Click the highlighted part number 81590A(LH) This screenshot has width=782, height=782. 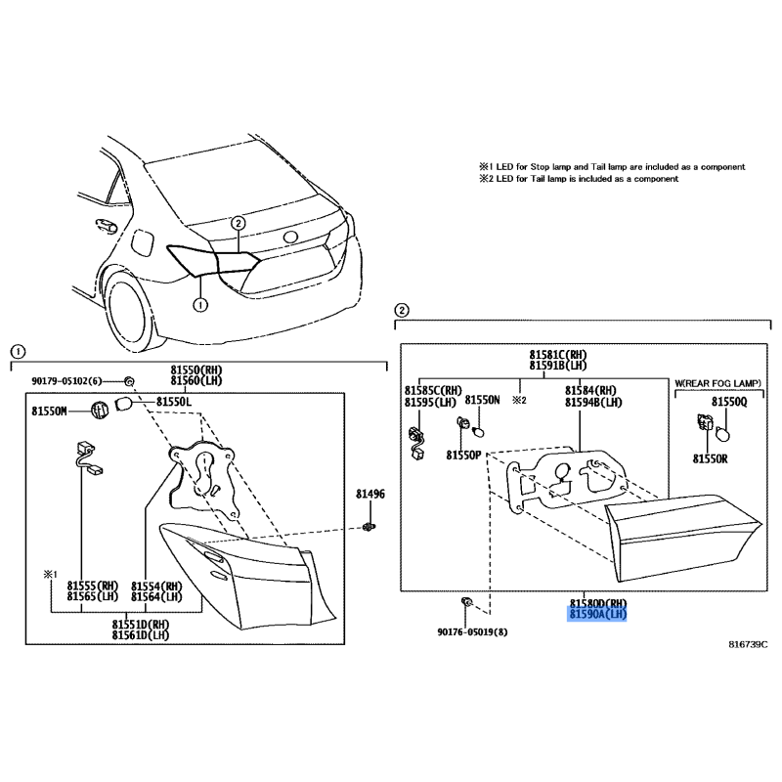tap(597, 615)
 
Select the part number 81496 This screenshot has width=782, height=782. tap(370, 495)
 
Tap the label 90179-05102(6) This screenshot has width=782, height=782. tap(66, 381)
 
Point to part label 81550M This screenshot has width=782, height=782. tap(50, 411)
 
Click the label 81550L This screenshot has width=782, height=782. tap(174, 402)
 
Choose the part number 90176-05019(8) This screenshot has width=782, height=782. tap(472, 631)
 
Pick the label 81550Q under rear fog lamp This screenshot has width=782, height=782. tap(729, 402)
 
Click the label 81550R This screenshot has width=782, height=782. tap(711, 458)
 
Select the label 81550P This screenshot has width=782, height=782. tap(463, 456)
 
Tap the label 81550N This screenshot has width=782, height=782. tap(482, 400)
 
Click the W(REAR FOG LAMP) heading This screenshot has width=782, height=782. tap(718, 383)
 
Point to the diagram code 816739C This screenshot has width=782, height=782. tap(748, 644)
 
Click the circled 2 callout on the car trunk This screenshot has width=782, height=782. tap(239, 223)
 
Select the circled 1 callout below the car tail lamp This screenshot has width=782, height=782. tap(200, 304)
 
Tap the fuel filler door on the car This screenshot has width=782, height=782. tap(141, 242)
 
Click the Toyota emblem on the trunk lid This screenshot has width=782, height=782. tap(290, 238)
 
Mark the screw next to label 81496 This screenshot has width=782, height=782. tap(369, 526)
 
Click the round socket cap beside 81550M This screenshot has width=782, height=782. tap(100, 411)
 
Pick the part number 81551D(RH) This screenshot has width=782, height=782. tap(141, 625)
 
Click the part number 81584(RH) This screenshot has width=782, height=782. tap(591, 390)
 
